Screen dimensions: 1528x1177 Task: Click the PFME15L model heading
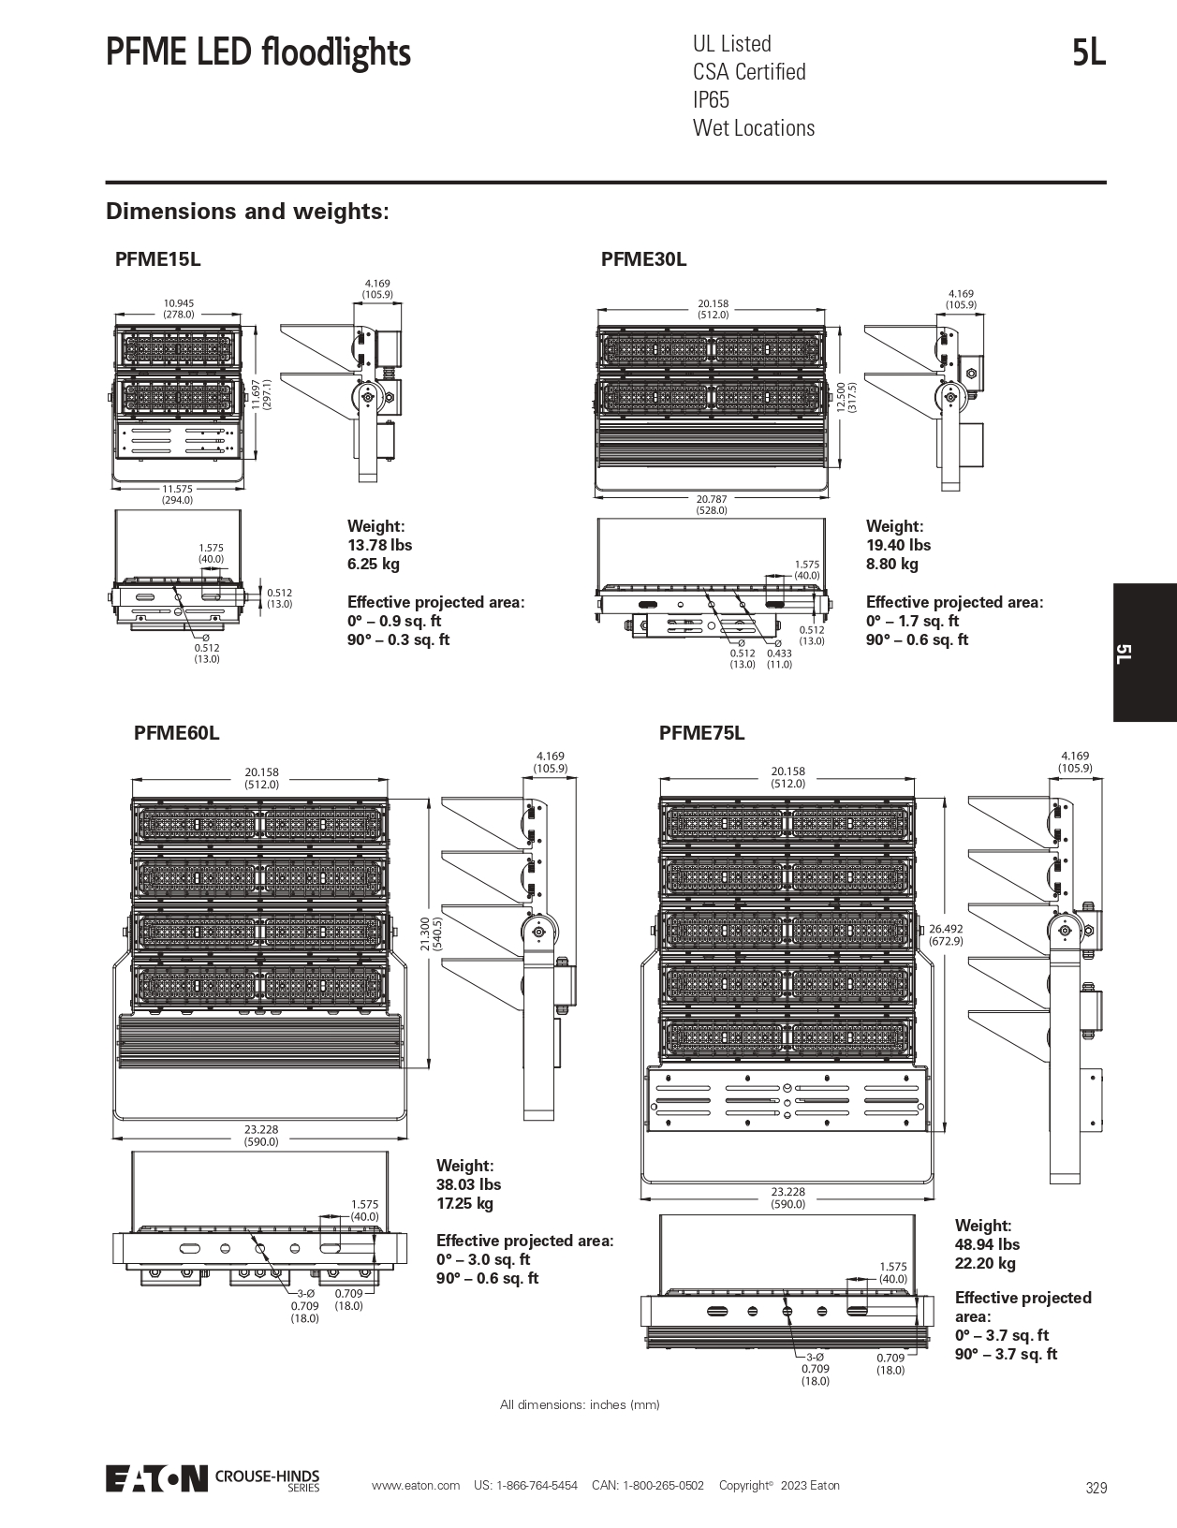point(157,259)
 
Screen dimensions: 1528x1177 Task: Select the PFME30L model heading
point(643,259)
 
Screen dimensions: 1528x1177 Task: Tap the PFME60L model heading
point(176,733)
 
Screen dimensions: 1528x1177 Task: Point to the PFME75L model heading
point(701,733)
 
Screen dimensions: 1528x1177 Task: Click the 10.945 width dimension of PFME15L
point(178,308)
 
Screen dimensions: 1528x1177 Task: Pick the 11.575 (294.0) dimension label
point(177,494)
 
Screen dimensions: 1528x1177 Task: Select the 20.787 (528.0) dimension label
point(712,505)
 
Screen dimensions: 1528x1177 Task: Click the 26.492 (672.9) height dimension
point(946,934)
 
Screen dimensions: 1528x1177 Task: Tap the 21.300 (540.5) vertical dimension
point(430,933)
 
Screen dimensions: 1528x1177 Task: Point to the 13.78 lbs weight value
point(379,545)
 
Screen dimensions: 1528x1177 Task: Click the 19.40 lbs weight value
point(898,545)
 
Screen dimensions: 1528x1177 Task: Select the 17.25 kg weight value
point(464,1203)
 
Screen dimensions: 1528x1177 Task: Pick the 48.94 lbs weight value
point(987,1244)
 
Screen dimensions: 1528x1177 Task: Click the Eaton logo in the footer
point(156,1478)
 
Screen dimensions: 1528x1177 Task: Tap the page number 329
point(1096,1488)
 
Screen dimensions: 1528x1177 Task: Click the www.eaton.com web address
point(416,1486)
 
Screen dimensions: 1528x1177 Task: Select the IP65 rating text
point(711,100)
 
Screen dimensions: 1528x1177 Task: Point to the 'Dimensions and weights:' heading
point(247,212)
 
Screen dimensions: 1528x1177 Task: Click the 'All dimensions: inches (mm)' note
point(580,1404)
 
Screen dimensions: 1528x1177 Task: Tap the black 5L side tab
point(1144,653)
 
